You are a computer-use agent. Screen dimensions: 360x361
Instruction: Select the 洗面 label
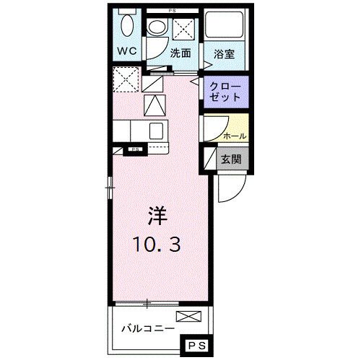[180, 53]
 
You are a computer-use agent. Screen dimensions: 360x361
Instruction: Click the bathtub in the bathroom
[225, 28]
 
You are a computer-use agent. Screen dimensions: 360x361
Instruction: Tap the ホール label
[235, 136]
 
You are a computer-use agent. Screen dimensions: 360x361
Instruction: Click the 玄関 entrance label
[231, 159]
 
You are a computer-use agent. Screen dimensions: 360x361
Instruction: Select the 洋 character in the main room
[157, 215]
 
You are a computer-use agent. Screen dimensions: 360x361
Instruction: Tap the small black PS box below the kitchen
[134, 151]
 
